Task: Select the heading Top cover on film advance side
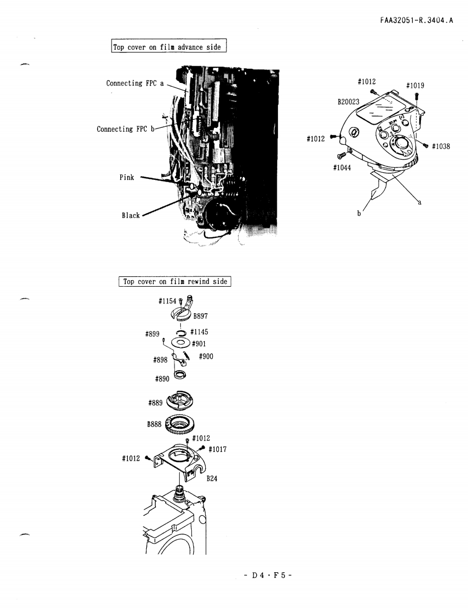(168, 47)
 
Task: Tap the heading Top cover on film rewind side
(175, 282)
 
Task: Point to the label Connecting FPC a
(134, 83)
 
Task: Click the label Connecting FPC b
(125, 130)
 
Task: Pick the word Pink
(127, 178)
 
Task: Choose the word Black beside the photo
(131, 216)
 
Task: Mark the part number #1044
(342, 167)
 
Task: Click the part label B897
(202, 316)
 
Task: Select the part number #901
(198, 344)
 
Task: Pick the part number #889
(157, 403)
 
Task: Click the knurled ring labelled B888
(180, 425)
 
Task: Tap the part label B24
(212, 479)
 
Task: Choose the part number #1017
(217, 449)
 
